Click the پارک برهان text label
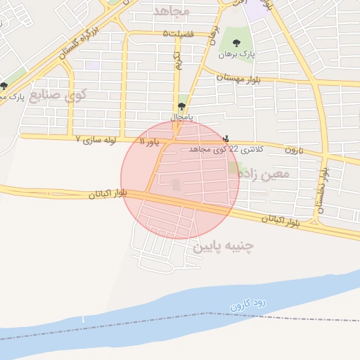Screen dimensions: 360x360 click(x=236, y=54)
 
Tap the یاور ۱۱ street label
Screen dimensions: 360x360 click(x=150, y=142)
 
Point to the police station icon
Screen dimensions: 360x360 click(x=225, y=139)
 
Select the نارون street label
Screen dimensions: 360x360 click(x=294, y=150)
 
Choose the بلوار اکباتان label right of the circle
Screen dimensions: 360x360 click(x=280, y=220)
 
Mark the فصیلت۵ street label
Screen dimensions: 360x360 click(x=176, y=34)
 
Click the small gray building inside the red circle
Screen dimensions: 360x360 click(x=176, y=184)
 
